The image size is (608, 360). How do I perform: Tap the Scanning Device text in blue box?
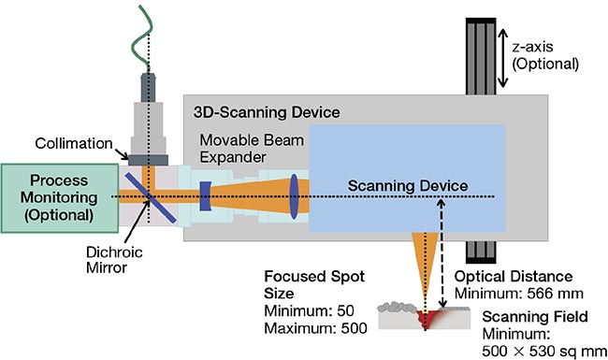tap(407, 185)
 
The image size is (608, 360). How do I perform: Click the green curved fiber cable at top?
tap(142, 33)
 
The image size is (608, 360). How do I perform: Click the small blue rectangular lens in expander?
tap(205, 195)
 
